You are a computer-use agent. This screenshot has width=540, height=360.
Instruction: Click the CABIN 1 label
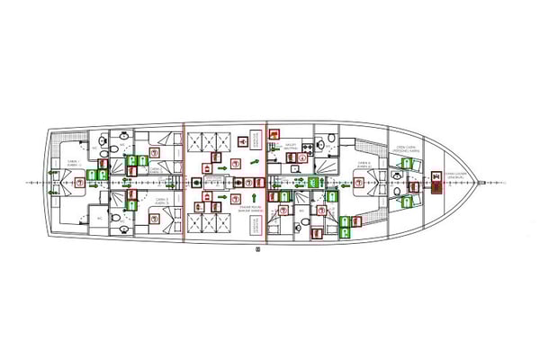(x=73, y=163)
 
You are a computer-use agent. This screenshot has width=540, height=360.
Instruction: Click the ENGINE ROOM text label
(x=225, y=212)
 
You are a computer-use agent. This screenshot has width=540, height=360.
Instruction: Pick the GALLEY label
(x=292, y=145)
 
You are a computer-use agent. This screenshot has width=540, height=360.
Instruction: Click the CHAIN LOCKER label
(x=455, y=176)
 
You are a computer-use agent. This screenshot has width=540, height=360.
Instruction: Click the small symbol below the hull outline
(x=257, y=247)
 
